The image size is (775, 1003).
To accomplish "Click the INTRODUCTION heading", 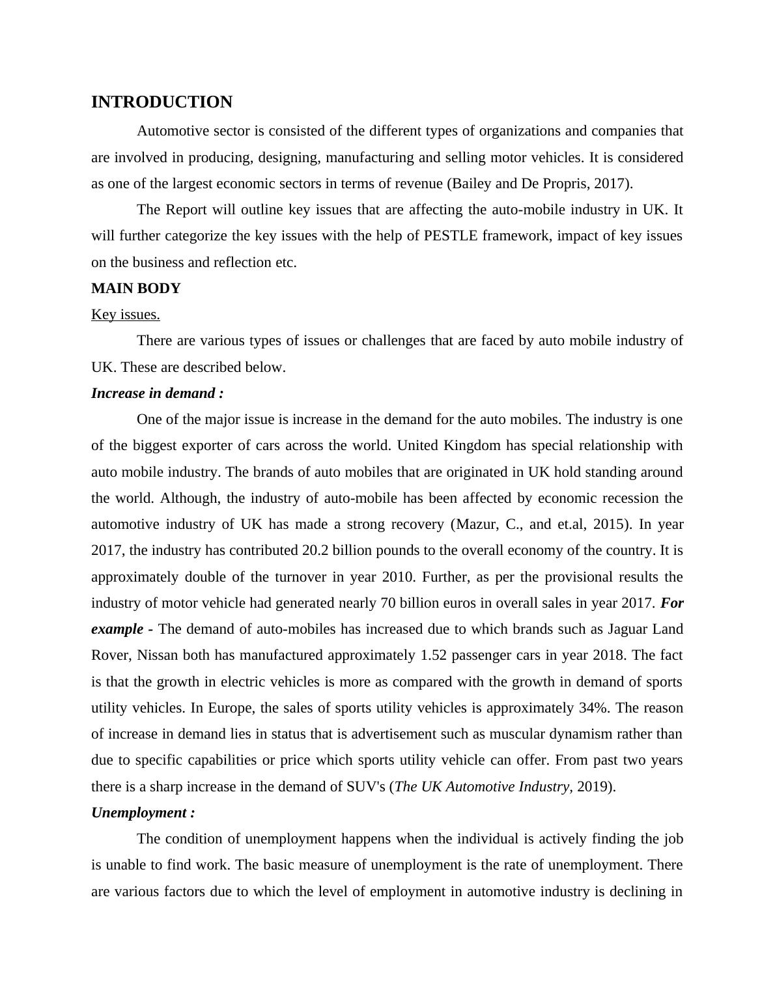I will (162, 102).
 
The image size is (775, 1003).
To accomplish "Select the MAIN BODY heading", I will (135, 289).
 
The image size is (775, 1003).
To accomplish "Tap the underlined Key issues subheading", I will (125, 315).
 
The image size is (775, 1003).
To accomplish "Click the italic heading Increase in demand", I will (157, 393).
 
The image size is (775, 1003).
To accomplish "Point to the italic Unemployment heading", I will (143, 813).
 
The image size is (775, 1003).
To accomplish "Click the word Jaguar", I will (629, 629).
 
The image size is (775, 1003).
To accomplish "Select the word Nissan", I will (158, 655).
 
